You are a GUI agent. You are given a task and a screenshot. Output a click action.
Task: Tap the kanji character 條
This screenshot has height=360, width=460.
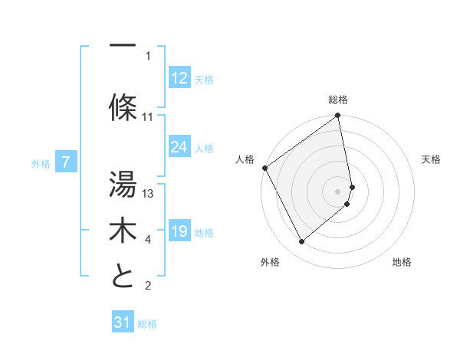[123, 107]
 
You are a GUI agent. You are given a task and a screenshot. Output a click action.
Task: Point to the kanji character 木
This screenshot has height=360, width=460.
[123, 230]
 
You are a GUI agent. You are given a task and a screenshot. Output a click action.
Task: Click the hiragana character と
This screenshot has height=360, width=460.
[123, 276]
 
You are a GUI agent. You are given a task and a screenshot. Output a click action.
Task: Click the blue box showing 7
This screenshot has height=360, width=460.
[67, 162]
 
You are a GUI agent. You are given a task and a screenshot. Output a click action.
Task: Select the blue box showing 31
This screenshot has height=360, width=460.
[123, 323]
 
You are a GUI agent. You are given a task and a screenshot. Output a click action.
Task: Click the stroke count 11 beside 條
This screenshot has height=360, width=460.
[148, 117]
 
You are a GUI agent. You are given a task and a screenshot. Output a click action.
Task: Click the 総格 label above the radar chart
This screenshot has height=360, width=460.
[338, 100]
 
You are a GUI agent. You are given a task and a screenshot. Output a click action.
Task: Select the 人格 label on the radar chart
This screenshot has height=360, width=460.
[245, 159]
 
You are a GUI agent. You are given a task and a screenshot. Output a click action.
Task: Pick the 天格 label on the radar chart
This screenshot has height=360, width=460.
[432, 159]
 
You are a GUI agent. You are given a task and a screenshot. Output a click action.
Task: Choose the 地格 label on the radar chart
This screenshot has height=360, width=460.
[402, 262]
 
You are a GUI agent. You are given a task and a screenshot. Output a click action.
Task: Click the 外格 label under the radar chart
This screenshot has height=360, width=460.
[270, 262]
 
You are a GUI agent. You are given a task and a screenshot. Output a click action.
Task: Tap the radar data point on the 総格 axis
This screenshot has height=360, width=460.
[338, 116]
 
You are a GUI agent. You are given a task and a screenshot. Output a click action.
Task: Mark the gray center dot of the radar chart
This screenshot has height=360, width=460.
[338, 191]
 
